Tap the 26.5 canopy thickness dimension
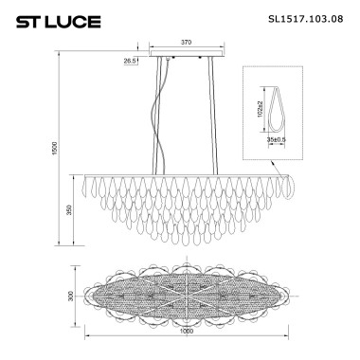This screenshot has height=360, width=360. tap(130, 60)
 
